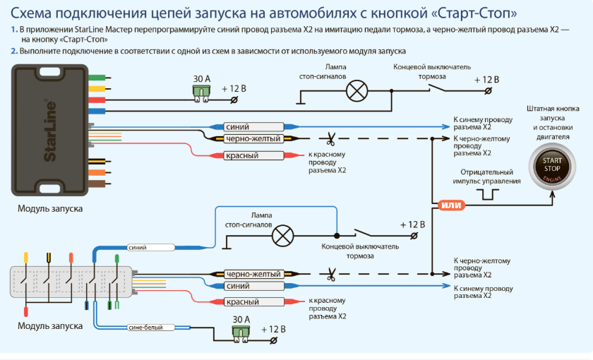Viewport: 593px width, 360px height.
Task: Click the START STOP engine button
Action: [552, 167]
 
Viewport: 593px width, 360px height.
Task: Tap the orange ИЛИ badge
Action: [452, 205]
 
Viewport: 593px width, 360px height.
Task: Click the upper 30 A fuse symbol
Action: [202, 93]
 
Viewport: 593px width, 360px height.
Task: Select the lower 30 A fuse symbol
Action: [241, 335]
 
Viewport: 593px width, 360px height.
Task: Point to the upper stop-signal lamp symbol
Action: [357, 91]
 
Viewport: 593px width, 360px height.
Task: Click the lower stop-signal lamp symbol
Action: [283, 236]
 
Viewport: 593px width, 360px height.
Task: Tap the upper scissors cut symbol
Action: [330, 139]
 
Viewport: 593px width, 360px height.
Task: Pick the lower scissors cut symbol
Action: [331, 275]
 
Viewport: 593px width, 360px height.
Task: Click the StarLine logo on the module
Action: [49, 131]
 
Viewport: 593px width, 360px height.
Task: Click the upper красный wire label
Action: [242, 155]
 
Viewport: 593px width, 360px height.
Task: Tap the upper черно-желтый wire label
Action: [253, 139]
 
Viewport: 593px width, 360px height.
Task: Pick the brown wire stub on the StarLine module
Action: [100, 184]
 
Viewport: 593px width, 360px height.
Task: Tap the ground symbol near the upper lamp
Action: [301, 97]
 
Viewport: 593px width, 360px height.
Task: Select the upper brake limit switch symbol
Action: [437, 88]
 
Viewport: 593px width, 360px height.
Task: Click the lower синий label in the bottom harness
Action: [238, 287]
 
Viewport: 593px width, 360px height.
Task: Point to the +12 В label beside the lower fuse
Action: [273, 330]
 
